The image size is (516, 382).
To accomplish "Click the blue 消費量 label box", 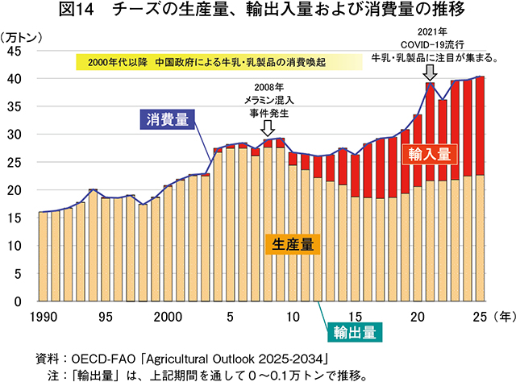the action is [x=167, y=119].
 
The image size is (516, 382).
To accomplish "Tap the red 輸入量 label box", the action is [x=430, y=154].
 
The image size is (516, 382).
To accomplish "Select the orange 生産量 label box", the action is [x=293, y=244].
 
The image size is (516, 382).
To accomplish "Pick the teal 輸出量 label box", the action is [x=355, y=332].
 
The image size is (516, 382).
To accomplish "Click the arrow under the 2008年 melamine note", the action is [x=268, y=128].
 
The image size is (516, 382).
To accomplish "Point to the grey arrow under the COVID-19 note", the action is [x=430, y=73].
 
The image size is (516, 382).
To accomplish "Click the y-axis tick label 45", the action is [x=15, y=52].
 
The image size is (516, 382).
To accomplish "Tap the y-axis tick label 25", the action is [x=15, y=163].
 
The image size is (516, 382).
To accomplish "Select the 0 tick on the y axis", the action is [x=18, y=301].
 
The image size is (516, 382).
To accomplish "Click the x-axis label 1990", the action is [x=43, y=317].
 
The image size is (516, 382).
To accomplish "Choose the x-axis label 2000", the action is [x=168, y=317].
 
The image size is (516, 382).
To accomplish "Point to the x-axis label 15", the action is [x=355, y=317].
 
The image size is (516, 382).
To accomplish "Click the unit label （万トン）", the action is [x=22, y=38].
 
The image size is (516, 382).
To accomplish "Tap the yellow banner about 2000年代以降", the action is [x=219, y=62].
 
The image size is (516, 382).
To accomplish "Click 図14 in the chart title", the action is [x=77, y=10].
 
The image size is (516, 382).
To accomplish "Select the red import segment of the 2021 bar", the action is [x=430, y=131].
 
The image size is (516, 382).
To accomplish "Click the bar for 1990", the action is [x=43, y=256].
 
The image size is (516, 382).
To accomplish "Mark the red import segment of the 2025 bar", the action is [x=480, y=126].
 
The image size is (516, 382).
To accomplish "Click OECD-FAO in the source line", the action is [x=103, y=359].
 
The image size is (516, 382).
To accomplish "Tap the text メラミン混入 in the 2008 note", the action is [x=268, y=101].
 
